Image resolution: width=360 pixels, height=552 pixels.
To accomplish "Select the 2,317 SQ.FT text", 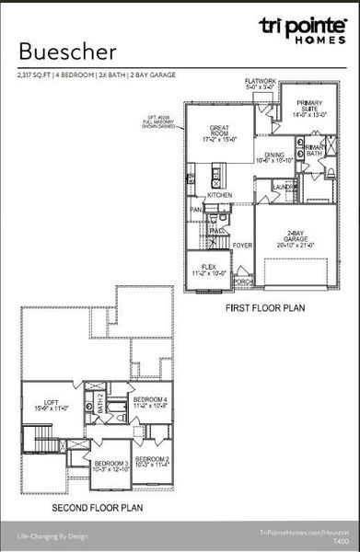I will [x=36, y=75].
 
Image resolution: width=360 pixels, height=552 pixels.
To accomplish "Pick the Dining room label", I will [x=273, y=157].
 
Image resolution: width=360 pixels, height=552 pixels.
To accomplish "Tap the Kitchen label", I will [x=219, y=195].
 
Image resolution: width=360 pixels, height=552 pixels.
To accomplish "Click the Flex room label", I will [x=208, y=269].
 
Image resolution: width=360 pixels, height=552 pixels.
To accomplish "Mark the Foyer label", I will [x=242, y=247].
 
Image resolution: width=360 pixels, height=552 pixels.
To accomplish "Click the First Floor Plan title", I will [x=265, y=310].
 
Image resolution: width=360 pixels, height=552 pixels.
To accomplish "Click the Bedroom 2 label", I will [x=152, y=461].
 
